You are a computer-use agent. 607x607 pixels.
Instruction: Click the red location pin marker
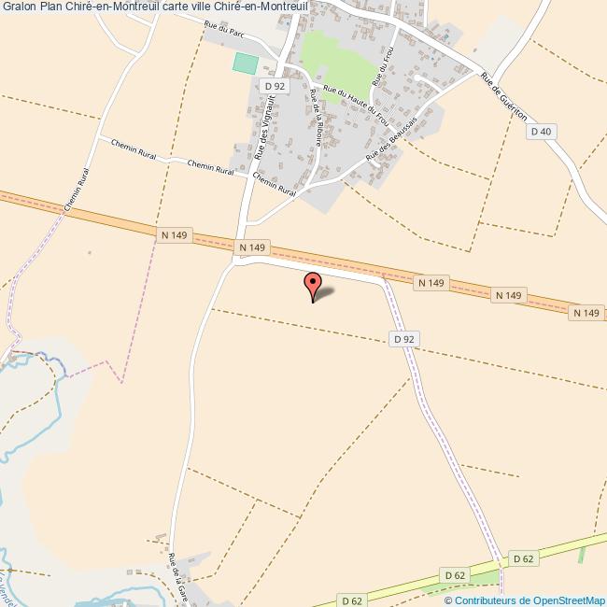click(313, 285)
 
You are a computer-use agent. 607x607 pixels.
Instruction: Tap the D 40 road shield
click(542, 132)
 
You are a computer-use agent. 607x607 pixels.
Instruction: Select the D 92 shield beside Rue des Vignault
click(275, 86)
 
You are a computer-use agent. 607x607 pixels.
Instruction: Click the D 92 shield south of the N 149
click(403, 340)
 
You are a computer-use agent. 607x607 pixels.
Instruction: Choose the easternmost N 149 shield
click(586, 312)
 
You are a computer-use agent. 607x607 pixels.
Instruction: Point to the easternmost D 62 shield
click(523, 558)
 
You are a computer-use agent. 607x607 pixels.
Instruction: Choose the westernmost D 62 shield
click(351, 600)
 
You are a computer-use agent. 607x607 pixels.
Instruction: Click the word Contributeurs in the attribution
click(486, 600)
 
